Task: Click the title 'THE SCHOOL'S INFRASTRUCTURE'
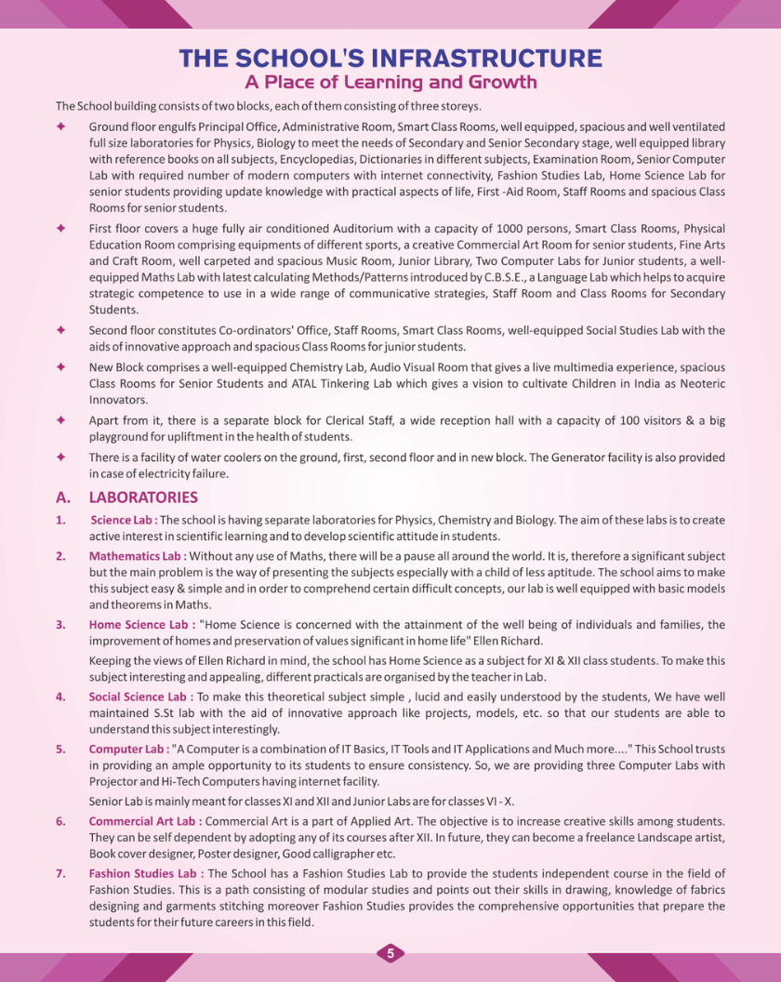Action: tap(390, 59)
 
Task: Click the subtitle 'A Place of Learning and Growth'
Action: tap(390, 82)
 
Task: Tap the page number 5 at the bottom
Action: tap(390, 953)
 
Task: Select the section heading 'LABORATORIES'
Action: tap(143, 498)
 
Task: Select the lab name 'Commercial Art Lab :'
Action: tap(145, 821)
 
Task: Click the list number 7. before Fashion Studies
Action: tap(60, 873)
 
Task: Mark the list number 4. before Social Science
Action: tap(60, 696)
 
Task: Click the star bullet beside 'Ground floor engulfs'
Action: tap(60, 126)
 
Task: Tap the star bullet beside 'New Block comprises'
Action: tap(60, 366)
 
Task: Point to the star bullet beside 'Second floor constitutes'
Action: tap(60, 330)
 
